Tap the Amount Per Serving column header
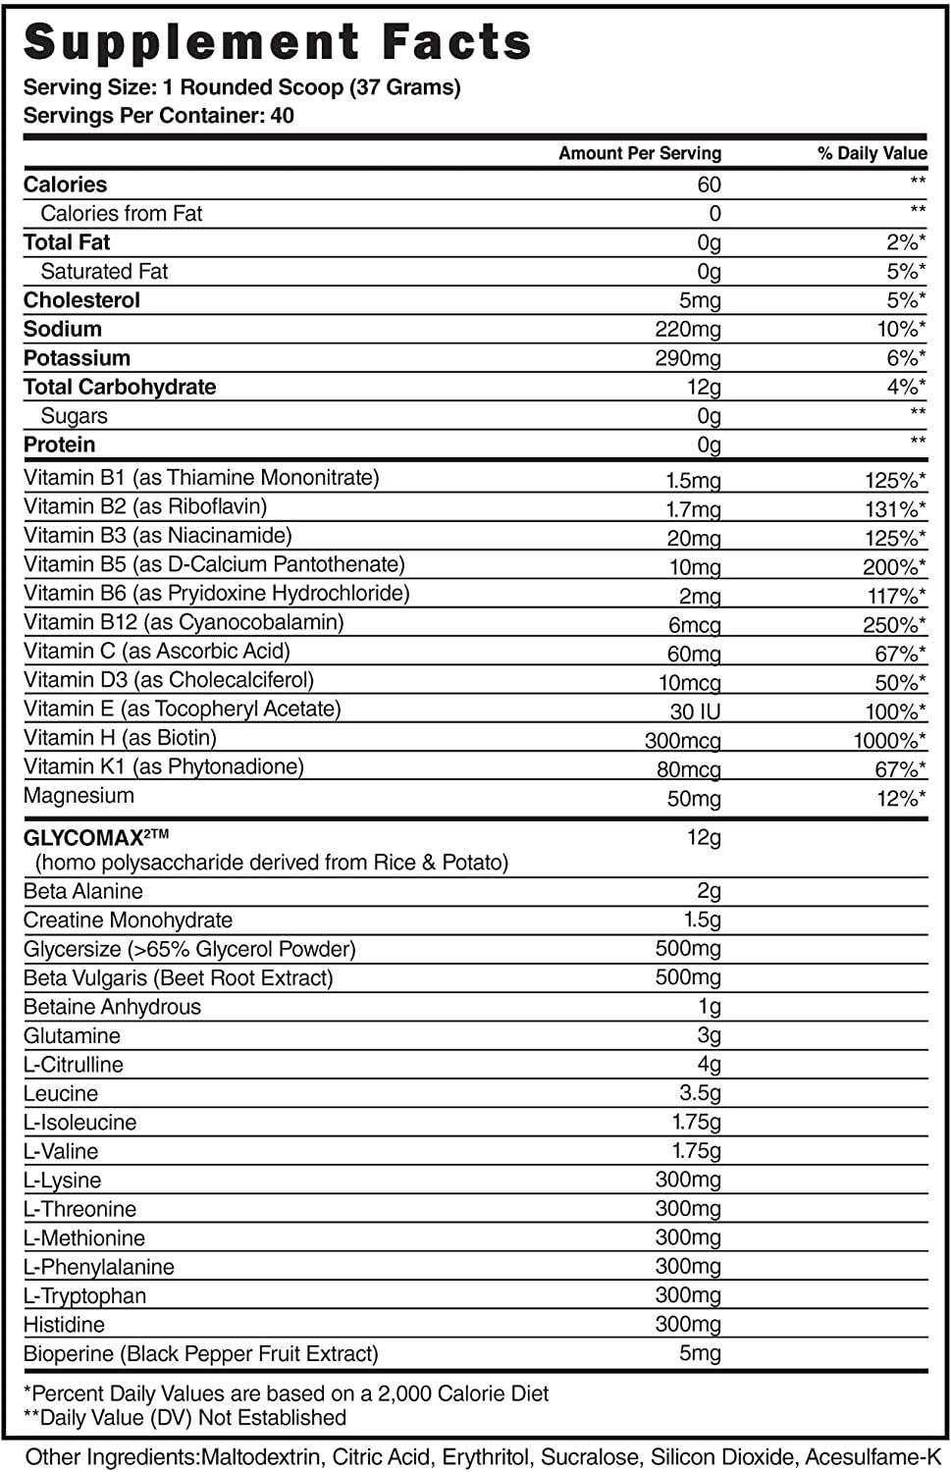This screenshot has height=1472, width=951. (639, 153)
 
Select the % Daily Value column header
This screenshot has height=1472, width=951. (872, 153)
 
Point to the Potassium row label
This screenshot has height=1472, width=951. (77, 358)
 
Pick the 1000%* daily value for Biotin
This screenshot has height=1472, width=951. (889, 741)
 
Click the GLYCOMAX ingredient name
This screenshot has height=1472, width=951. (96, 837)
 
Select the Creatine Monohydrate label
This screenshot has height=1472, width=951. (128, 920)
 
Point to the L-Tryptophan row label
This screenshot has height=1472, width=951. (84, 1296)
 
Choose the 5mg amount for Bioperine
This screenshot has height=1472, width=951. (700, 1354)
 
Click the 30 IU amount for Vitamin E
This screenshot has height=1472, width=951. (695, 712)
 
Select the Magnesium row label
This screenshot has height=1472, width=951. (79, 796)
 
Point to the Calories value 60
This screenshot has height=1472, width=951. (709, 184)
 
